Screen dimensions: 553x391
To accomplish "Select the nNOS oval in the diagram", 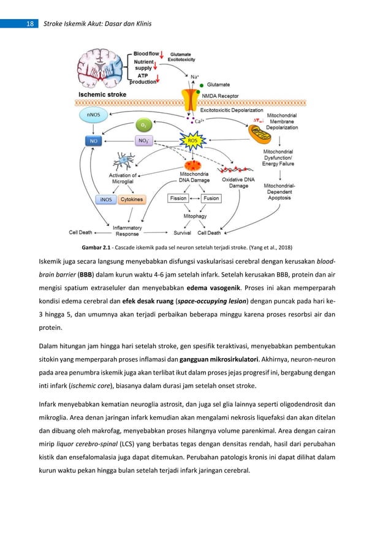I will point(93,114).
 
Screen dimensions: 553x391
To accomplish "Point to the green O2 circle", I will point(143,125).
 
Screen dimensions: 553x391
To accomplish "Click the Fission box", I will point(180,199).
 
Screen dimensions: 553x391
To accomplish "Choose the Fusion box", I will point(211,199).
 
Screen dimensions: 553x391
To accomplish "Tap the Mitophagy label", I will point(195,216).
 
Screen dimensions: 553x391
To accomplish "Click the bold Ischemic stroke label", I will point(102,95).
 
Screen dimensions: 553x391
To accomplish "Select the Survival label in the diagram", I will point(182,233).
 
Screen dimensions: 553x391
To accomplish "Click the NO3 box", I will point(143,141).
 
